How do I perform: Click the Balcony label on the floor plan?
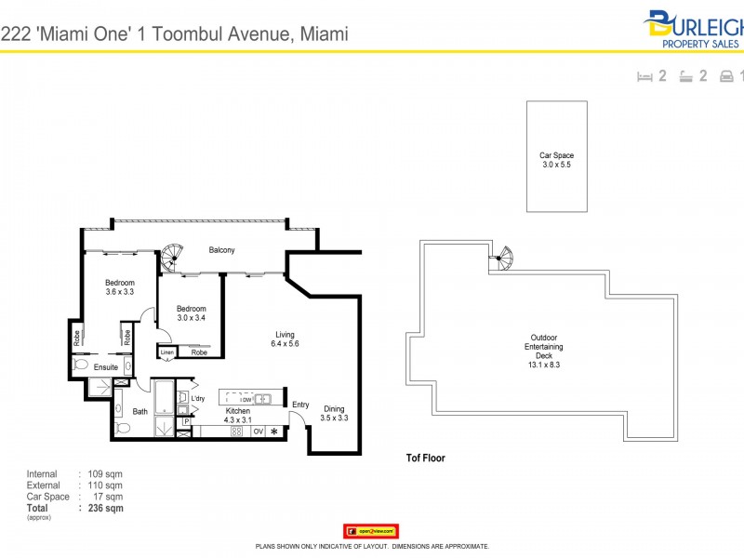click(x=221, y=250)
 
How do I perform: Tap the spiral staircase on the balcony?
click(x=171, y=258)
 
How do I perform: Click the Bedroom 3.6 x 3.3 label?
click(x=119, y=287)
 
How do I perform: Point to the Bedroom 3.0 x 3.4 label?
click(x=191, y=313)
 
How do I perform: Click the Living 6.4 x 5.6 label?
click(x=285, y=340)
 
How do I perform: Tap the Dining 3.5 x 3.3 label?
click(x=335, y=414)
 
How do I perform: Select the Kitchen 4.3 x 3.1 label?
click(x=237, y=416)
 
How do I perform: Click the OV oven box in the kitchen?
click(x=259, y=431)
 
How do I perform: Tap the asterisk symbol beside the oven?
click(x=274, y=431)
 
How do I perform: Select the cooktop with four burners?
click(x=236, y=431)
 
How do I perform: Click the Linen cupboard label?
click(x=167, y=352)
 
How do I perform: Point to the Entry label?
click(x=300, y=404)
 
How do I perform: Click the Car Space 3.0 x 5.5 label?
click(x=556, y=160)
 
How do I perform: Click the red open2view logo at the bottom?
click(x=371, y=531)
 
